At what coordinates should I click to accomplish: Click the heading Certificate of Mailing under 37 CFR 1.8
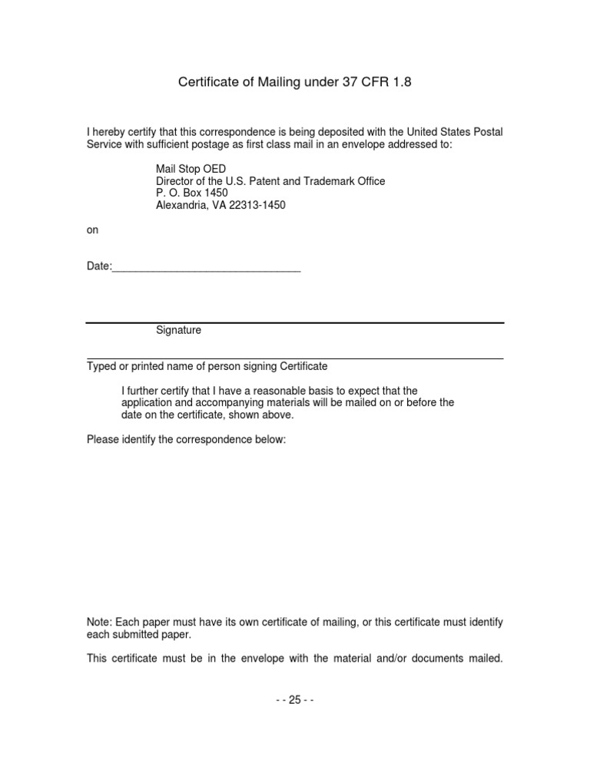(x=295, y=81)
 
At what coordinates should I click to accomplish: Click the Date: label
(x=99, y=266)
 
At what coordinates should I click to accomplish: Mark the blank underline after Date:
(x=206, y=271)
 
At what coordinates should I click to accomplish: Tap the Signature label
(x=178, y=330)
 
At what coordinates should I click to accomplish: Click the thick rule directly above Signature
(x=295, y=322)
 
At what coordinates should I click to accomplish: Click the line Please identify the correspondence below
(x=187, y=441)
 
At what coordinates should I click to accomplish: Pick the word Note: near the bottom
(x=101, y=623)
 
